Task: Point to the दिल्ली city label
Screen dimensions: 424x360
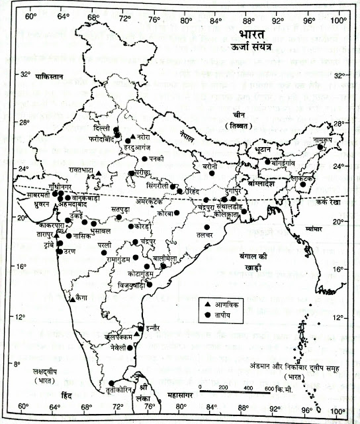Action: click(x=103, y=127)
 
